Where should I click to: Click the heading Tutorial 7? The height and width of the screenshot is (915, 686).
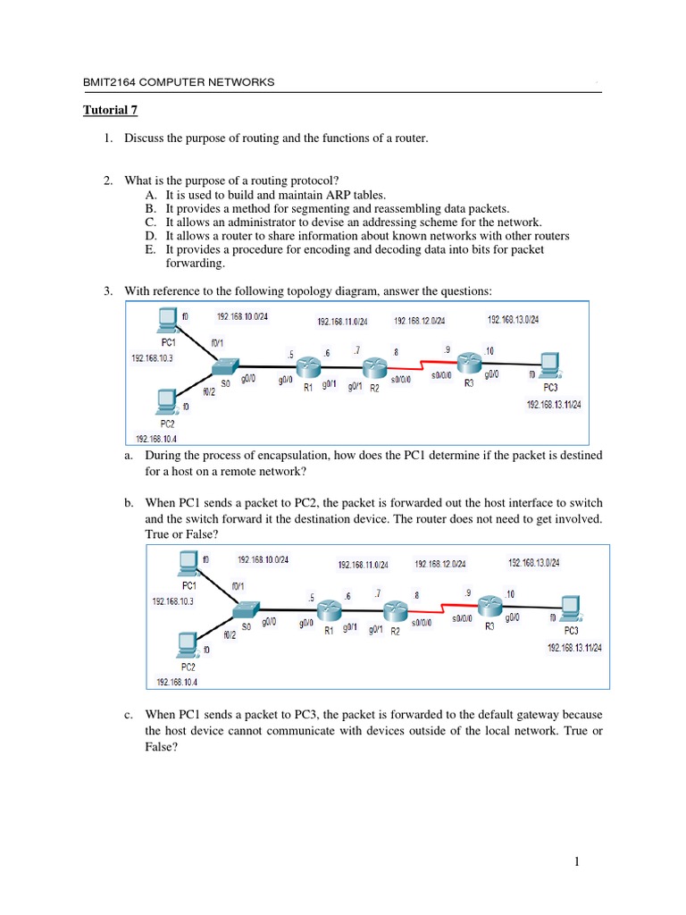pos(111,112)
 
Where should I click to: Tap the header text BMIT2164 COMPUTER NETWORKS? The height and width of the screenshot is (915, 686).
pos(179,83)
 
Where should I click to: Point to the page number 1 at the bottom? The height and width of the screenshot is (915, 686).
pos(578,861)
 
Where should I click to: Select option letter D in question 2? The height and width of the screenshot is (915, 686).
pos(149,236)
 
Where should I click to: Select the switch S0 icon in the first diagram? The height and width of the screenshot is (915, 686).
pos(226,366)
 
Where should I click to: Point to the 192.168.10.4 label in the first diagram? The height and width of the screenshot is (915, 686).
pos(156,438)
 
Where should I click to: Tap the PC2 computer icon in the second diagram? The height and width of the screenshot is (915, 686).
pos(188,643)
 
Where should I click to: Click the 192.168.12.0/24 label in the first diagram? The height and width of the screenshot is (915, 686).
pos(420,322)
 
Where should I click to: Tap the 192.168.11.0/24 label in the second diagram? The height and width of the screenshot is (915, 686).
pos(364,565)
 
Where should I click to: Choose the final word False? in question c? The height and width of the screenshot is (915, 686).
pos(162,749)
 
